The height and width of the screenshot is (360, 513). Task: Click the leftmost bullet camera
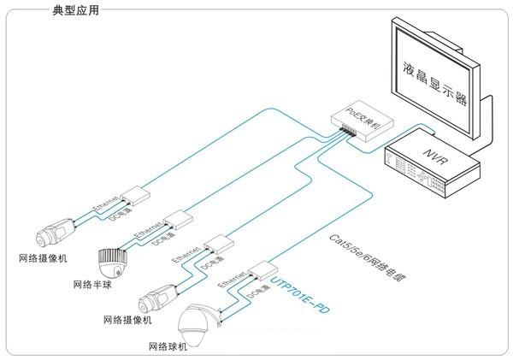tap(56, 230)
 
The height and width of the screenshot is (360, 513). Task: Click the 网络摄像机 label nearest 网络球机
tap(127, 320)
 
